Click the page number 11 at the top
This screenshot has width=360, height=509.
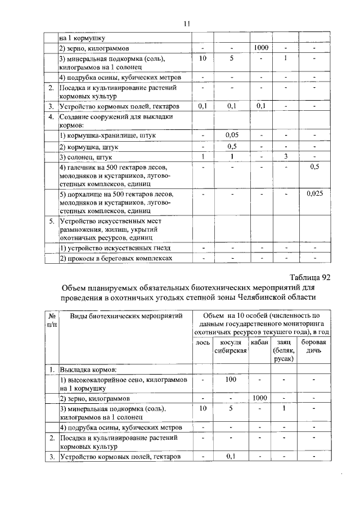[187, 24]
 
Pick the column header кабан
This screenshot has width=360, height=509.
[260, 341]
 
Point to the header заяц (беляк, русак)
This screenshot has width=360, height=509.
[283, 350]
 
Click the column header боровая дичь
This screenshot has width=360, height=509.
[314, 346]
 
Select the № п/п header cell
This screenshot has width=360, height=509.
[51, 321]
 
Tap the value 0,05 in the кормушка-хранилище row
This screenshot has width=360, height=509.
[233, 136]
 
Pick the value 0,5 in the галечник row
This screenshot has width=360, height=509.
[315, 166]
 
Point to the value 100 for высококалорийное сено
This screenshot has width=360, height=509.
[231, 380]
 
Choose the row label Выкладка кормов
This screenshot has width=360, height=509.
[88, 370]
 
